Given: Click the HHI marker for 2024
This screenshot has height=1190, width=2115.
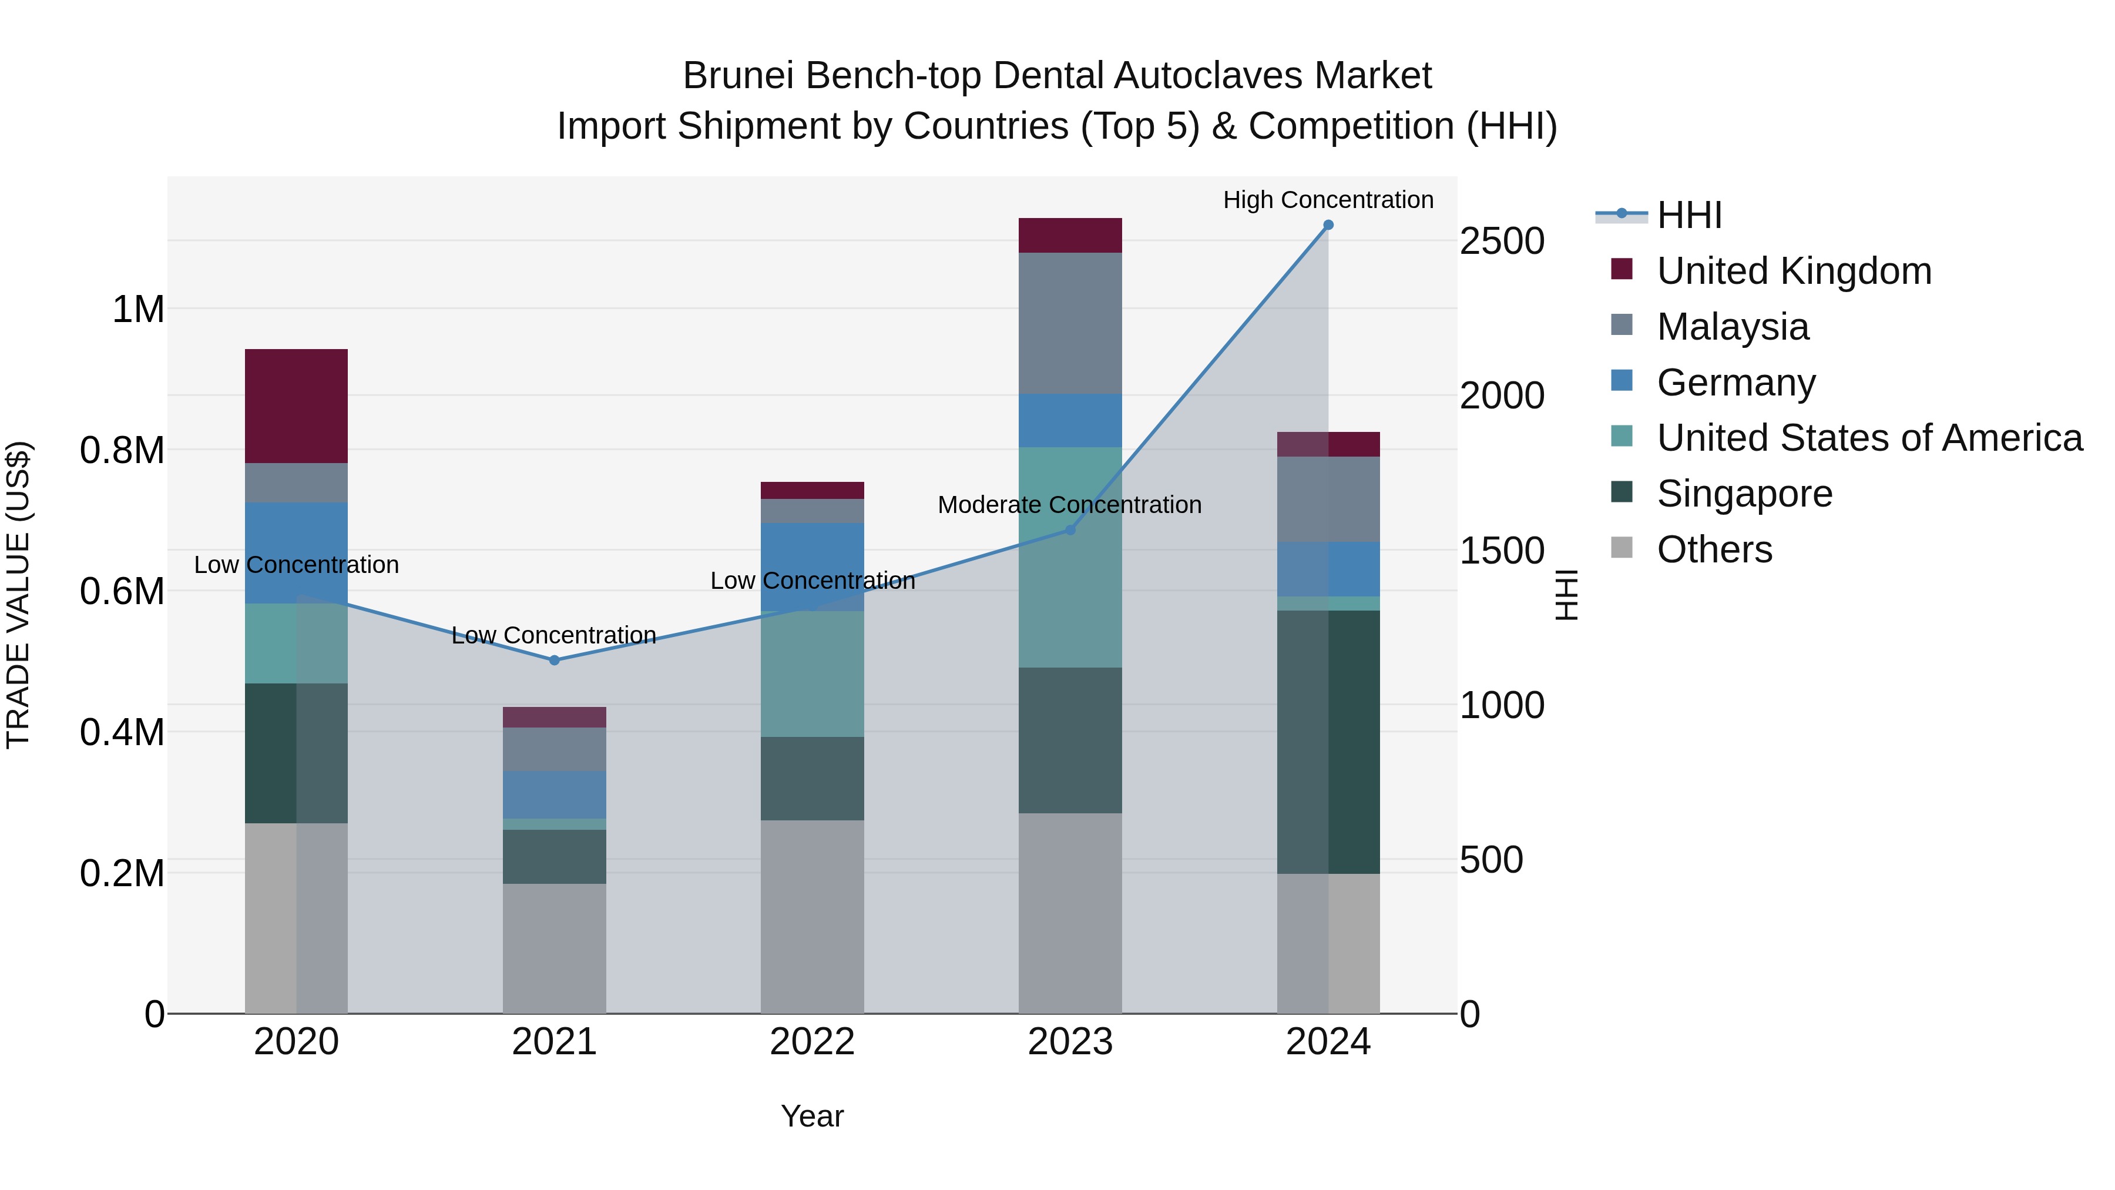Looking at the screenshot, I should pyautogui.click(x=1328, y=225).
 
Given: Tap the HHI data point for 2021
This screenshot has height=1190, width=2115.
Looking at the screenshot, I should pyautogui.click(x=554, y=661).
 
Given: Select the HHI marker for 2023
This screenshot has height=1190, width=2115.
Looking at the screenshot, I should pyautogui.click(x=1070, y=529).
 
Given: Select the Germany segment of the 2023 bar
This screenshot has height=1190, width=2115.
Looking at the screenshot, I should pyautogui.click(x=1070, y=421).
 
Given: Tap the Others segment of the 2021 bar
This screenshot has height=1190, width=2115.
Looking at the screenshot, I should pyautogui.click(x=554, y=948).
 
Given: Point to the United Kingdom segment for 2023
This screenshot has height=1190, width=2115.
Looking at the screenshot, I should pyautogui.click(x=1070, y=236).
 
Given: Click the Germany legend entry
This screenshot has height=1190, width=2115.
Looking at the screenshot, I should pyautogui.click(x=1735, y=383).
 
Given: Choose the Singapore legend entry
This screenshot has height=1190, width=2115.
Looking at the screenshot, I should pyautogui.click(x=1744, y=494).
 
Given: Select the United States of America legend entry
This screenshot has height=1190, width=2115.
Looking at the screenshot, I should pyautogui.click(x=1869, y=438).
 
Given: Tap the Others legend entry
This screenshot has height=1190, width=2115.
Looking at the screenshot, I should pyautogui.click(x=1714, y=549).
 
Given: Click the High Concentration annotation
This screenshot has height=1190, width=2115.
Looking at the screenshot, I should pyautogui.click(x=1328, y=200).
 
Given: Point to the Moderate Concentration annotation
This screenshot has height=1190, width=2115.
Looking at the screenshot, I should pyautogui.click(x=1069, y=505).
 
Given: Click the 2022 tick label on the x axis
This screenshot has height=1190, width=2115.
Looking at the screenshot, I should pyautogui.click(x=812, y=1042).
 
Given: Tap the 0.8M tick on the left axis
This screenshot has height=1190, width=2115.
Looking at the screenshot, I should pyautogui.click(x=122, y=451).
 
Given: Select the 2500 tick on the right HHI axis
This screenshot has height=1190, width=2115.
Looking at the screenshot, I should pyautogui.click(x=1502, y=242).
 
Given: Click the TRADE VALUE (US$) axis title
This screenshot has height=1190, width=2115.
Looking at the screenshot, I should pyautogui.click(x=18, y=595).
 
